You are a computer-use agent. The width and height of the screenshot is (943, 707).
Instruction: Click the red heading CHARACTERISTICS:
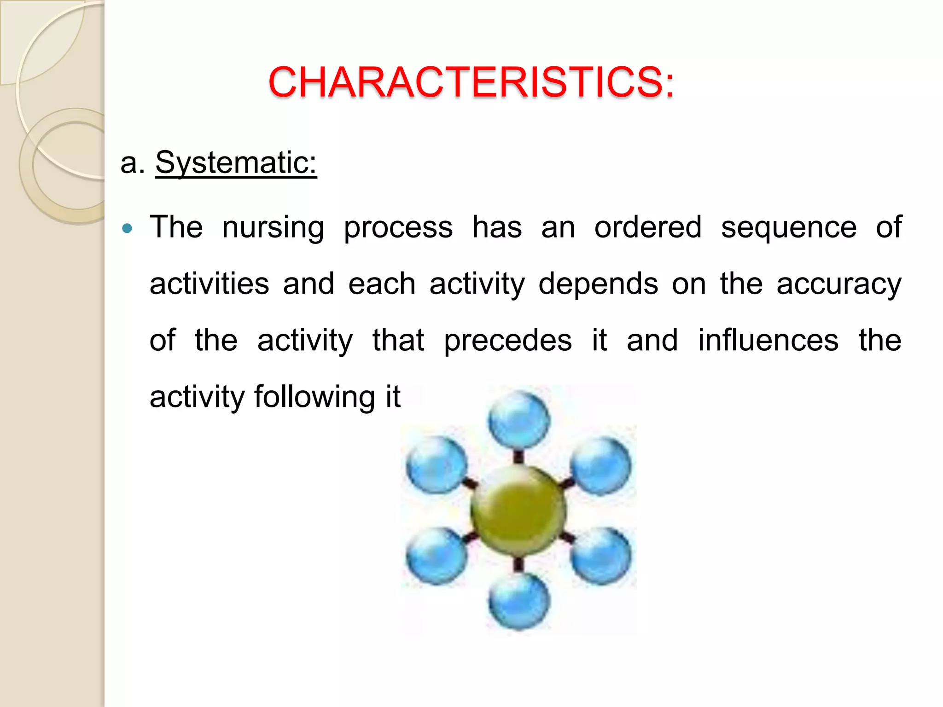pyautogui.click(x=471, y=82)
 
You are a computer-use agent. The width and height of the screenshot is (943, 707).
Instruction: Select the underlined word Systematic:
pyautogui.click(x=236, y=162)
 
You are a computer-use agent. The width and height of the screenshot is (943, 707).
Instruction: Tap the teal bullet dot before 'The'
pyautogui.click(x=128, y=228)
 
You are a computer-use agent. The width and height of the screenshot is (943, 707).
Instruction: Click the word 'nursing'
pyautogui.click(x=273, y=228)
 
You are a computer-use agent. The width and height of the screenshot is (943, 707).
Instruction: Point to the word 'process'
pyautogui.click(x=398, y=228)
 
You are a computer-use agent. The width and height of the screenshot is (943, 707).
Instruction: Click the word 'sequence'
pyautogui.click(x=789, y=228)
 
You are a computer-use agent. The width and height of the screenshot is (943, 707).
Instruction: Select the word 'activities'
pyautogui.click(x=210, y=284)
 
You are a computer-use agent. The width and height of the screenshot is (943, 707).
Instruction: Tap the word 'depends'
pyautogui.click(x=598, y=284)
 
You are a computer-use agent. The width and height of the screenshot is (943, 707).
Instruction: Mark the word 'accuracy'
pyautogui.click(x=839, y=284)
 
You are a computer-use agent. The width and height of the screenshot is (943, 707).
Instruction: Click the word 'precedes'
pyautogui.click(x=508, y=341)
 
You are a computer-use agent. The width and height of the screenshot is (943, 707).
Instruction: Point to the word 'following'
pyautogui.click(x=314, y=397)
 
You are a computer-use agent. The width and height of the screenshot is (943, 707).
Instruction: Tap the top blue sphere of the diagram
pyautogui.click(x=519, y=420)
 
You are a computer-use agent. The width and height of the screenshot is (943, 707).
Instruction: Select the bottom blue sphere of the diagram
pyautogui.click(x=519, y=601)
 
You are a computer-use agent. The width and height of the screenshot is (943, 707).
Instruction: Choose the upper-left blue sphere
pyautogui.click(x=437, y=465)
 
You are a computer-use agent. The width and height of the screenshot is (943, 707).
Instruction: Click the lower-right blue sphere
pyautogui.click(x=601, y=556)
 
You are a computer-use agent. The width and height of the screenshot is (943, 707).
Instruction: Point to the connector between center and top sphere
pyautogui.click(x=519, y=456)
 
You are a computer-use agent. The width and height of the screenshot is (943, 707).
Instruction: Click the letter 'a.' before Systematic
pyautogui.click(x=132, y=162)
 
